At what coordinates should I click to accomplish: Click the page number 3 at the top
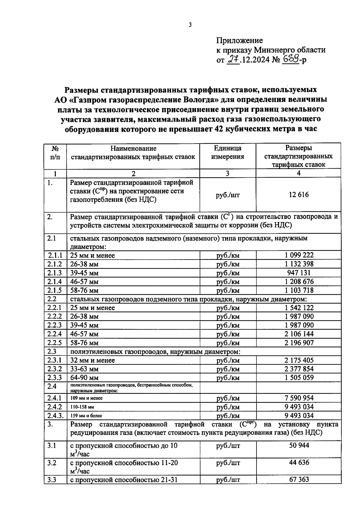click(190, 25)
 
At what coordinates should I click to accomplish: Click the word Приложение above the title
click(239, 40)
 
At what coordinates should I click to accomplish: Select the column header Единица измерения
click(227, 152)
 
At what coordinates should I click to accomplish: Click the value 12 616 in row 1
click(298, 195)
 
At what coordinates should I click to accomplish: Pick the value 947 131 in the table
click(298, 273)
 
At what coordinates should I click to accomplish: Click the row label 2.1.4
click(55, 281)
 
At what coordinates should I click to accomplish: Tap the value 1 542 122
click(299, 308)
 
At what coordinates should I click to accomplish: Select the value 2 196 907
click(299, 343)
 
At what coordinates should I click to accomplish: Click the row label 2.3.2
click(55, 369)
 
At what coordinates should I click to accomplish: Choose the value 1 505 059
click(299, 378)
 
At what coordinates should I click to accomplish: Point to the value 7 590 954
click(299, 398)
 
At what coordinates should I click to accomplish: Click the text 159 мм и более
click(86, 416)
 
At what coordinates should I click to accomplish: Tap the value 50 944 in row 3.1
click(299, 445)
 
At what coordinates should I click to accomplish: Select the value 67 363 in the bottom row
click(299, 480)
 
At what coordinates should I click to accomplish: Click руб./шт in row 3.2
click(228, 463)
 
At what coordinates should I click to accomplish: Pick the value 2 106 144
click(299, 334)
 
